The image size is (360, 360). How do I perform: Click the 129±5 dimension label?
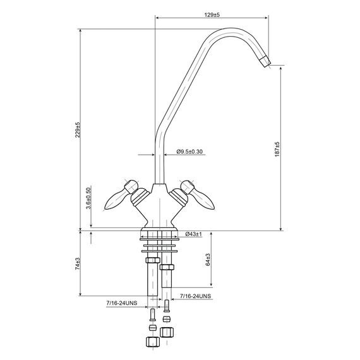212,15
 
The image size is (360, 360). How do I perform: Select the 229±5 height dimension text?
78,129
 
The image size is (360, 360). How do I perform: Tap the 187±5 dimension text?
277,149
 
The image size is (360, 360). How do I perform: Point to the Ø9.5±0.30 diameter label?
189,152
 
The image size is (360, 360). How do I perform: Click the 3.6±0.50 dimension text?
88,198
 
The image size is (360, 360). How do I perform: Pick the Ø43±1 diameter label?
193,234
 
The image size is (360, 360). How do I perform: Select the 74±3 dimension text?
78,263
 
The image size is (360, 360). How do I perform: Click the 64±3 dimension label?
208,260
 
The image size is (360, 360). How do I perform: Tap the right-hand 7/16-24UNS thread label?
195,296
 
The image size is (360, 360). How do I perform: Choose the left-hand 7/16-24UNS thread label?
122,303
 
